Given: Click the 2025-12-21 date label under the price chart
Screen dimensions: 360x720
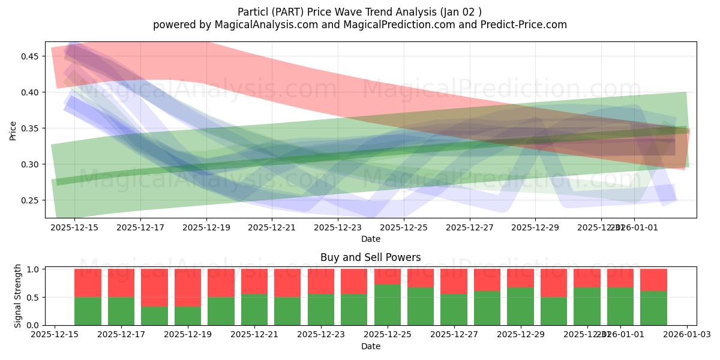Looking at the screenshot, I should [272, 228].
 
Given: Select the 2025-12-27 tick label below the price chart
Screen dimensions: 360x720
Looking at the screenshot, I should [469, 228].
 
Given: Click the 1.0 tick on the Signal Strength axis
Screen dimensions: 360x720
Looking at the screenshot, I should [34, 269].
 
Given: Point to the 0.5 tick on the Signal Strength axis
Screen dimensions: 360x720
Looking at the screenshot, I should [34, 298].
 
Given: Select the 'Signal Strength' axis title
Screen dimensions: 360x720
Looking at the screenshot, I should [18, 296].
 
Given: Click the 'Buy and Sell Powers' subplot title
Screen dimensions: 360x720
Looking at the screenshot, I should [370, 257].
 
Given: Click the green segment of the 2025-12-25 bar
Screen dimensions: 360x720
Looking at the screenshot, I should [388, 305].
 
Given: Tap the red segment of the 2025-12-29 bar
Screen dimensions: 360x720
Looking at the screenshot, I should [520, 278].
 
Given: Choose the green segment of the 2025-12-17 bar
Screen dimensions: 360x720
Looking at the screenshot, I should [121, 311].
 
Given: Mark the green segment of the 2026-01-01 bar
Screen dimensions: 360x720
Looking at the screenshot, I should [620, 306].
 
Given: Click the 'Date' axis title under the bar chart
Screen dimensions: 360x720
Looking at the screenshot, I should [370, 346].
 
